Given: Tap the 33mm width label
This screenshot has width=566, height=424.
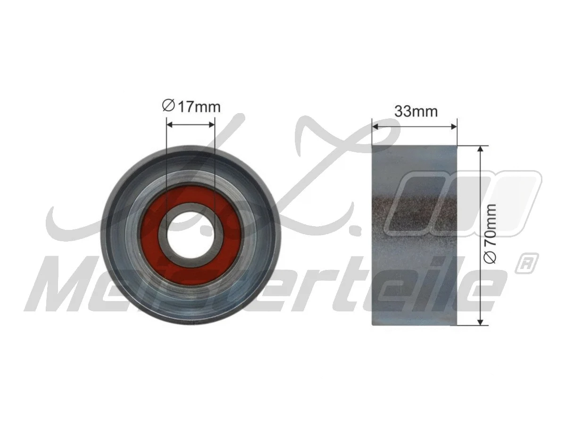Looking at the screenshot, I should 416,112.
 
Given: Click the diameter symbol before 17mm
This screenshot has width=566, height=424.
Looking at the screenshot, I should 169,106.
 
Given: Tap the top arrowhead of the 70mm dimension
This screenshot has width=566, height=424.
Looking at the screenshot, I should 480,149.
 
